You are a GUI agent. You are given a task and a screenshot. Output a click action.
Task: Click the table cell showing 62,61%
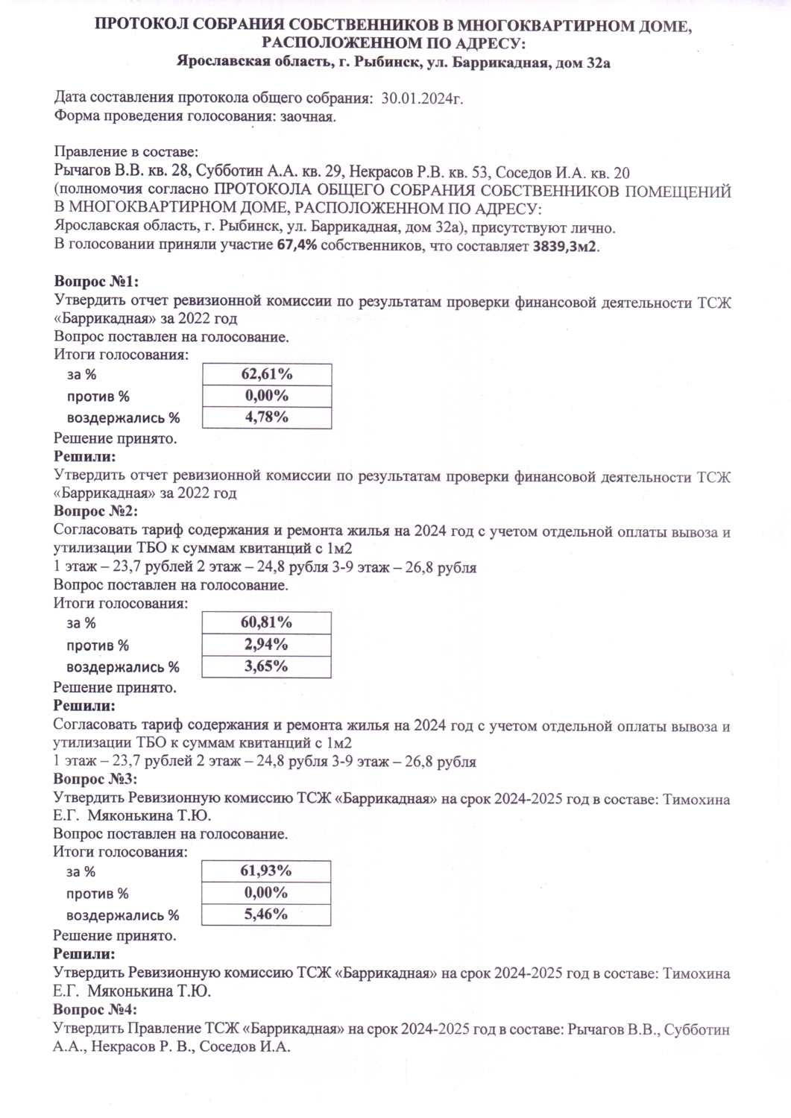tap(266, 373)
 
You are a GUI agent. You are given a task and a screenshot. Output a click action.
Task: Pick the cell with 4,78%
tap(266, 417)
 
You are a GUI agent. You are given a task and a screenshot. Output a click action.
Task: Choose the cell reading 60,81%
tap(266, 622)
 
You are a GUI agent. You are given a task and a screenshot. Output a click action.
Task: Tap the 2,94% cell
tap(266, 644)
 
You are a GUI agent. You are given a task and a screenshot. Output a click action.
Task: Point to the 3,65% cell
tap(266, 666)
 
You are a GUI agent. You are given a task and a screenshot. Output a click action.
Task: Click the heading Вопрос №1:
tap(96, 282)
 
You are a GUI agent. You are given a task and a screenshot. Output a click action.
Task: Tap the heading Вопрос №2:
tap(96, 511)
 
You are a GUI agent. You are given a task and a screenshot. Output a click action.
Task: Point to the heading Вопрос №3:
tap(96, 779)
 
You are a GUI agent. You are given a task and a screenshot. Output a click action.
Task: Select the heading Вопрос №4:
tap(96, 1010)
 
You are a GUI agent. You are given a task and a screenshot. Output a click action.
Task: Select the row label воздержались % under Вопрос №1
tap(124, 417)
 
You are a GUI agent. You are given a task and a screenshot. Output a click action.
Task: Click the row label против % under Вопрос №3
tap(98, 893)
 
